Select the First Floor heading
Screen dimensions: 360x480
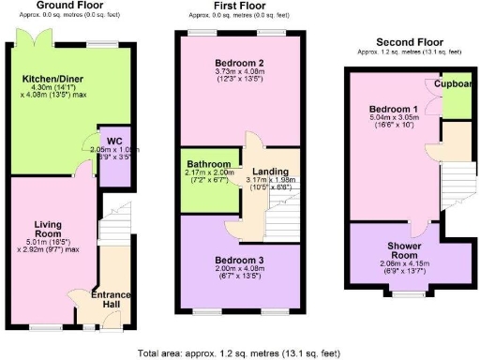(x=238, y=7)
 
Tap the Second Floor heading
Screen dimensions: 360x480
(x=409, y=42)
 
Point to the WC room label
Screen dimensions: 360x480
(x=114, y=142)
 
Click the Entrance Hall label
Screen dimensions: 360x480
(x=111, y=300)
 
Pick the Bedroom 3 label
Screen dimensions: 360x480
(x=238, y=260)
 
